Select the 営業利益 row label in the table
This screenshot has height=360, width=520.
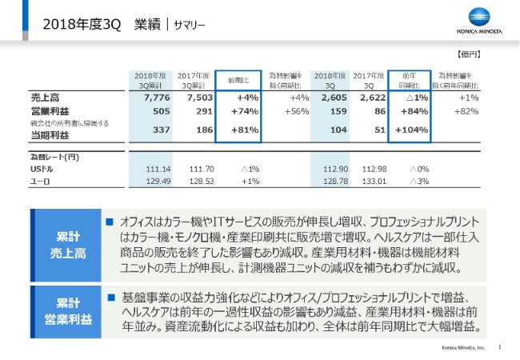coord(38,110)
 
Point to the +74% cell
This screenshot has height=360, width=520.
coord(242,110)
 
